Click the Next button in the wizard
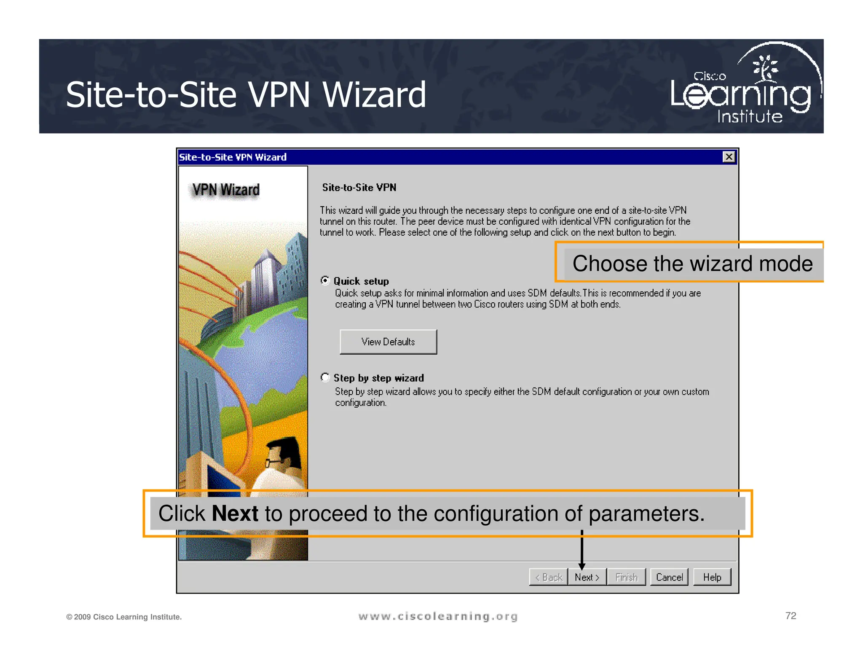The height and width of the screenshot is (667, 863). [587, 577]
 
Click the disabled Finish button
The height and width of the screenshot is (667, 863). [626, 577]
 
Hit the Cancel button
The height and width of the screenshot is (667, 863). [669, 577]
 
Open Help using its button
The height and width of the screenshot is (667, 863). [712, 577]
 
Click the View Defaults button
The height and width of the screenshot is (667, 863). [388, 342]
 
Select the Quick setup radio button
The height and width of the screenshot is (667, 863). [325, 280]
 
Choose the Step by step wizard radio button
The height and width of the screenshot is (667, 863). [325, 377]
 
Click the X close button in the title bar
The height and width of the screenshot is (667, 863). [729, 157]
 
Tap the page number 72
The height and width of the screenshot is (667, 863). [791, 616]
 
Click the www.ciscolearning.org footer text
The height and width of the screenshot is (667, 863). [438, 616]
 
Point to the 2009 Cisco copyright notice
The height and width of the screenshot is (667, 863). [124, 617]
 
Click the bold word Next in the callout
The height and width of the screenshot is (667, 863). [235, 514]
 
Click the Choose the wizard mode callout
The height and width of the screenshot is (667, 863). [692, 264]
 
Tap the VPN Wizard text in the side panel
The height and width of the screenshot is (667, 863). [226, 190]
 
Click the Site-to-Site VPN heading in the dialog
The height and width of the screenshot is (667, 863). [359, 188]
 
